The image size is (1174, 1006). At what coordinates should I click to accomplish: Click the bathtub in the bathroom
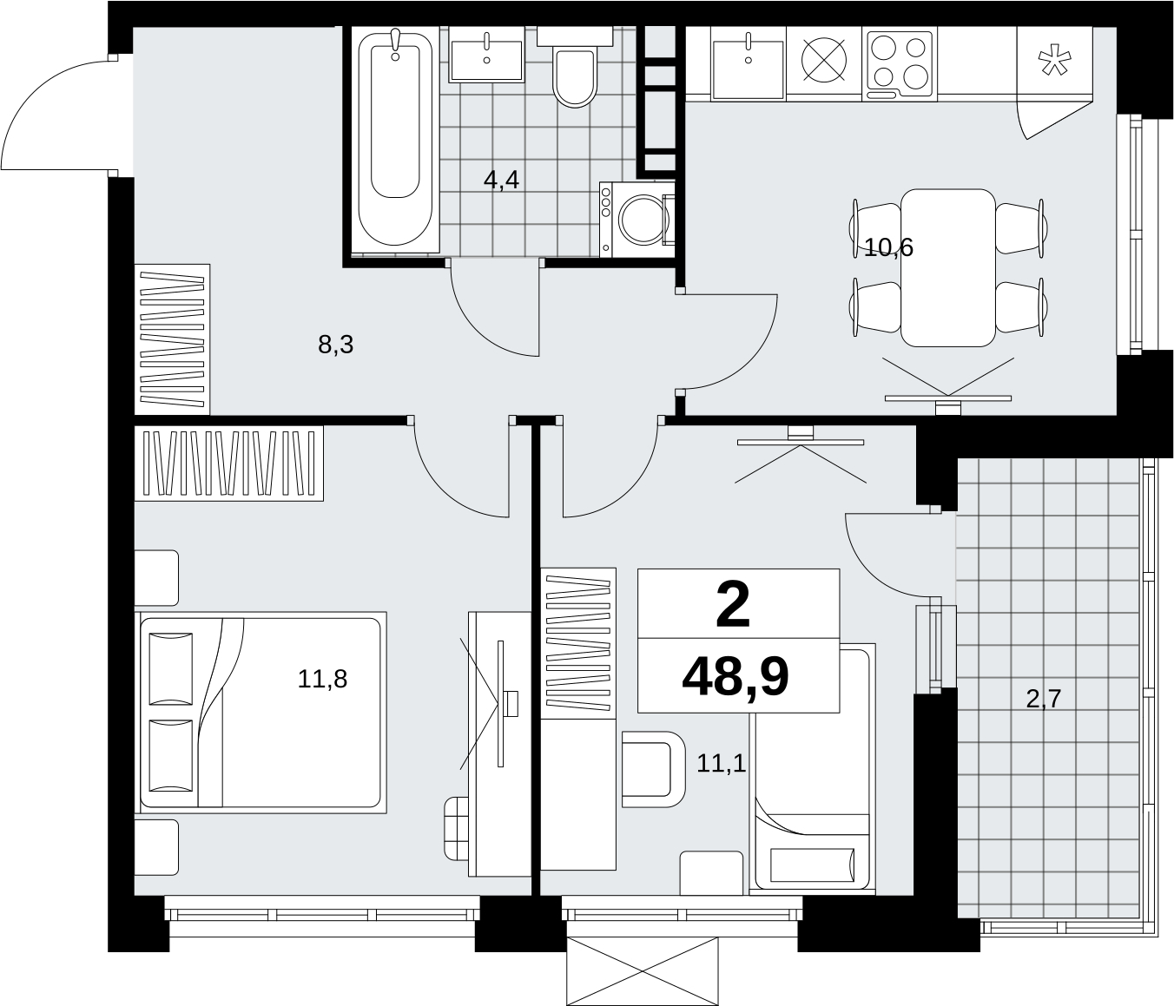point(395,139)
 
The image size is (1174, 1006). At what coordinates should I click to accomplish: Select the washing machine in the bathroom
point(637,220)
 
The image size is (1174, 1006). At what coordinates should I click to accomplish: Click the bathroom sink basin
point(486,54)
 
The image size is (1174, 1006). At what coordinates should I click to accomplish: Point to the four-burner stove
point(900,63)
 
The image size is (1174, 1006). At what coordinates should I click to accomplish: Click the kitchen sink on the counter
point(748,62)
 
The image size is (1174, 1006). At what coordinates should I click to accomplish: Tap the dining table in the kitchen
point(948,267)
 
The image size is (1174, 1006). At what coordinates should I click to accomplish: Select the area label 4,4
point(502,180)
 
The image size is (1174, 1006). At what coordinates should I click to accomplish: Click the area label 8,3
point(336,344)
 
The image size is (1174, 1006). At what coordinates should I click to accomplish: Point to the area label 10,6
point(888,247)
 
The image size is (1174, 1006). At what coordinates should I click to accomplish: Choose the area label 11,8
point(322,679)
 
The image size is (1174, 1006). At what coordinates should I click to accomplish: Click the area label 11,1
point(722,764)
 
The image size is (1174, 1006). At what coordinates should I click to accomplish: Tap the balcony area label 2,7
point(1044,699)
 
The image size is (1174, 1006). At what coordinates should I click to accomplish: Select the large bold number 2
point(733,607)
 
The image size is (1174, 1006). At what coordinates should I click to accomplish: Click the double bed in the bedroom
point(261,713)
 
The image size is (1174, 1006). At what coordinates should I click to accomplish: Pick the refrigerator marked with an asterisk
point(1054,62)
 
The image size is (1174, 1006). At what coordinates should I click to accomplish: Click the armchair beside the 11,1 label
point(653,769)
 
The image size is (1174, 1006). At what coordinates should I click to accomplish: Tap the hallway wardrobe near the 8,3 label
point(172,339)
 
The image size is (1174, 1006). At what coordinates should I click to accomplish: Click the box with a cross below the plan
point(643,971)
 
